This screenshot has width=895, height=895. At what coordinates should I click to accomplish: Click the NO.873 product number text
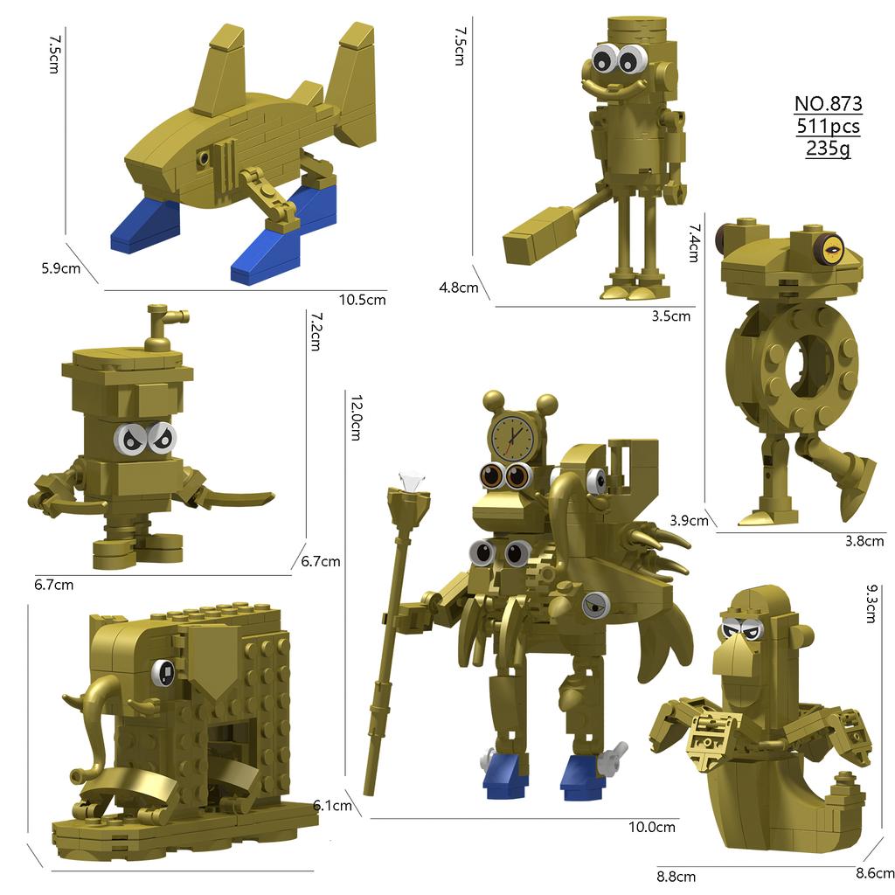click(829, 103)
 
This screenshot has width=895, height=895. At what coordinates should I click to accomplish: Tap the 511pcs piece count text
click(829, 126)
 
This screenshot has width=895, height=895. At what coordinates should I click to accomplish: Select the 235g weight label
click(829, 149)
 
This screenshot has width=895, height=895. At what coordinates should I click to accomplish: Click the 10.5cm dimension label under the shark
click(363, 300)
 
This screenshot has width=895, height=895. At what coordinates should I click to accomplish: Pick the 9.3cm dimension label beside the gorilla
click(871, 603)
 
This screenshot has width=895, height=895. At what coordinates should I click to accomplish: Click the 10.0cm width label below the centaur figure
click(652, 827)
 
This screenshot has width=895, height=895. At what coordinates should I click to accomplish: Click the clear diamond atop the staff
click(410, 482)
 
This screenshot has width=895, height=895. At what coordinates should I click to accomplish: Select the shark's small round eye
click(203, 157)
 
